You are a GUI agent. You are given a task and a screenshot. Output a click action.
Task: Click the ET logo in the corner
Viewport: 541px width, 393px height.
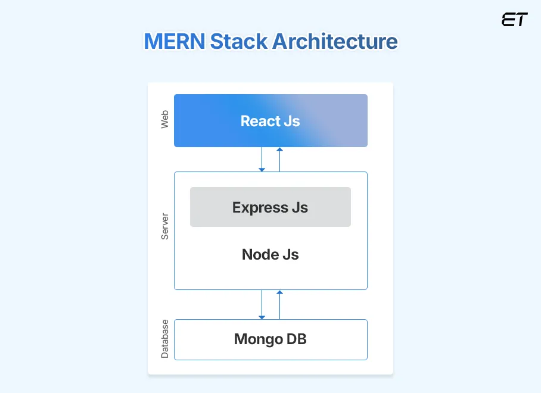(x=514, y=20)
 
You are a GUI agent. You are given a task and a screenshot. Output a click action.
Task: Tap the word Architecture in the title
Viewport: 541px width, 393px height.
(x=335, y=42)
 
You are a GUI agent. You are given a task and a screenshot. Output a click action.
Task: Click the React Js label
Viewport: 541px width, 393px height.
(x=270, y=121)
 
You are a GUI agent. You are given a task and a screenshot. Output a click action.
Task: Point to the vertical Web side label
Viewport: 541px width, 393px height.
(x=165, y=120)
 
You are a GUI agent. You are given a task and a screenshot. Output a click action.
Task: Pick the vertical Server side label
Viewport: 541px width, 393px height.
(x=165, y=226)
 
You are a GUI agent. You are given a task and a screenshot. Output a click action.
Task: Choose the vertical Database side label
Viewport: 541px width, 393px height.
(x=165, y=339)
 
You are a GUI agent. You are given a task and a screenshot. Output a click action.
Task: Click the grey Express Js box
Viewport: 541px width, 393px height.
(x=270, y=207)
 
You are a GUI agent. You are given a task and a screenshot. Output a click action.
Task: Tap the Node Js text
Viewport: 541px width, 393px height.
(x=270, y=255)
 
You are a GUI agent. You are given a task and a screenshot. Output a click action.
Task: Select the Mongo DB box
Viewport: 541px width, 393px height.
(x=270, y=339)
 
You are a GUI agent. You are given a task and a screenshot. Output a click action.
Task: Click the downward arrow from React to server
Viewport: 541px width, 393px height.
(x=262, y=159)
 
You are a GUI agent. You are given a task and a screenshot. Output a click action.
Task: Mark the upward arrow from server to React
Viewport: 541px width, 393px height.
(x=279, y=159)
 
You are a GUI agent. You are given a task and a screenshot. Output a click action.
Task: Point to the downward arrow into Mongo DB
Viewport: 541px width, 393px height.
(x=262, y=304)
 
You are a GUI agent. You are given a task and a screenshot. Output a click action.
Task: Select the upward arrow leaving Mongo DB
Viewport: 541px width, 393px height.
(x=279, y=304)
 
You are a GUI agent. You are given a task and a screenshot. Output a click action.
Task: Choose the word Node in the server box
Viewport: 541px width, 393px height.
(x=260, y=255)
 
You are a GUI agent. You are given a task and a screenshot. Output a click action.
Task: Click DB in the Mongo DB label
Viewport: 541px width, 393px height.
(x=296, y=339)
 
